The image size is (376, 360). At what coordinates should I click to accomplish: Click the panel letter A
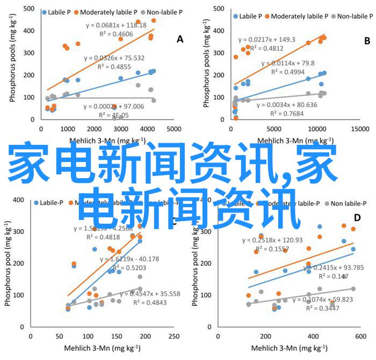[180, 39]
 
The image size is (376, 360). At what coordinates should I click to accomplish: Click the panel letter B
[367, 40]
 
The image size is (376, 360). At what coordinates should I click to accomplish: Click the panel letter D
[357, 218]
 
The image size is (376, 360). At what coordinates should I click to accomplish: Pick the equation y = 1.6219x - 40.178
[131, 259]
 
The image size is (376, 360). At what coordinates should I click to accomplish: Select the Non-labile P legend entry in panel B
[348, 16]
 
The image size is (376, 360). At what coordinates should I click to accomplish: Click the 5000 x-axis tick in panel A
[173, 129]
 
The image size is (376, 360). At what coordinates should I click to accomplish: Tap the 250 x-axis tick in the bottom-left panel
[173, 335]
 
